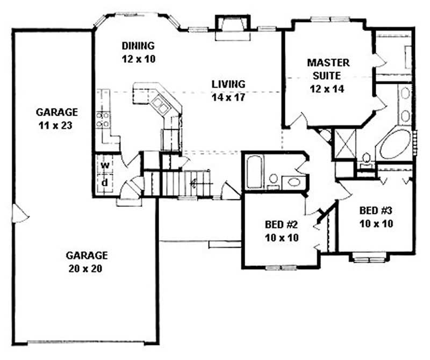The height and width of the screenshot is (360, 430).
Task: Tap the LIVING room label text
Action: [228, 84]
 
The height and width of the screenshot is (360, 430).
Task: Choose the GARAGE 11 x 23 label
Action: [56, 112]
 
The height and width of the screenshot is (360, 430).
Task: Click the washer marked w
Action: [106, 164]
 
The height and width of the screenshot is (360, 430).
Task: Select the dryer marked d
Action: [106, 182]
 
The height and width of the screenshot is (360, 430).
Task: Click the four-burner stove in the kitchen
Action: [103, 119]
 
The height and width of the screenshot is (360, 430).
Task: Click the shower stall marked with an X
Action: [345, 142]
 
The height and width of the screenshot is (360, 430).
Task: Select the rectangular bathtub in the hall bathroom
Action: [254, 171]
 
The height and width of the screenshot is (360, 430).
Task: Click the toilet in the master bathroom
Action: [367, 159]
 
